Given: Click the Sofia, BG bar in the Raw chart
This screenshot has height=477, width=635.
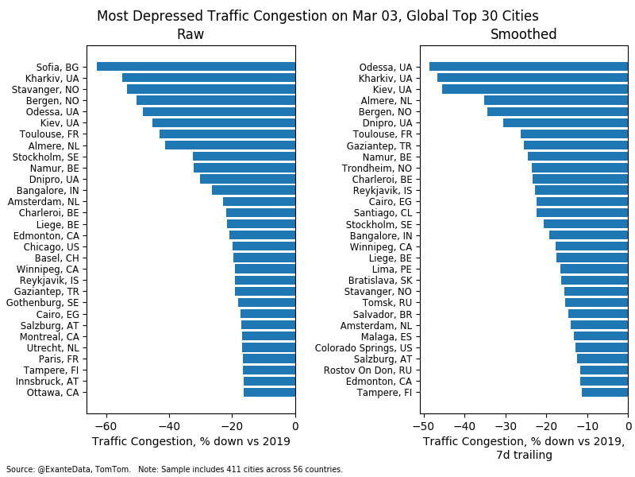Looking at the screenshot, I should click(196, 67).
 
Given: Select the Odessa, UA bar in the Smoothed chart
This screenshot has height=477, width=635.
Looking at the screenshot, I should click(529, 67).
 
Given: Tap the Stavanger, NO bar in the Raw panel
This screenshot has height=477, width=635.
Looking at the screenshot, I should click(211, 89).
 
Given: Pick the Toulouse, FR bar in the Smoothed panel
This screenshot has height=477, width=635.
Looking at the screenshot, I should click(574, 134).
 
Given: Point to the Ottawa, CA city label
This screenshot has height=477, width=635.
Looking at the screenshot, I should click(52, 393).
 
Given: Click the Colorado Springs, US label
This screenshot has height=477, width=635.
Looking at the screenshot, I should click(364, 347).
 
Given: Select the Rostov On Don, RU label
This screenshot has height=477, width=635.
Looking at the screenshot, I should click(368, 370).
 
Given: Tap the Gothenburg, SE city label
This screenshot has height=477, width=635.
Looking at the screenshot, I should click(42, 303).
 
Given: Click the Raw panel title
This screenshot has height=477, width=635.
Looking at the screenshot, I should click(190, 35).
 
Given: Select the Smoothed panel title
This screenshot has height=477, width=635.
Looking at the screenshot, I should click(523, 35).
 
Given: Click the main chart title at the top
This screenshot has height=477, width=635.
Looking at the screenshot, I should click(317, 16).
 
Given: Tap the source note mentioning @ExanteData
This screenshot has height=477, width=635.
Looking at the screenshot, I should click(175, 470).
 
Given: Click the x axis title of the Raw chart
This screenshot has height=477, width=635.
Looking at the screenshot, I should click(190, 442).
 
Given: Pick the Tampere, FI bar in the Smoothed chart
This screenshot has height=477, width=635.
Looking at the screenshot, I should click(605, 393).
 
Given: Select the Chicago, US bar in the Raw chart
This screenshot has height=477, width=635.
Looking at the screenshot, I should click(264, 246).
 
